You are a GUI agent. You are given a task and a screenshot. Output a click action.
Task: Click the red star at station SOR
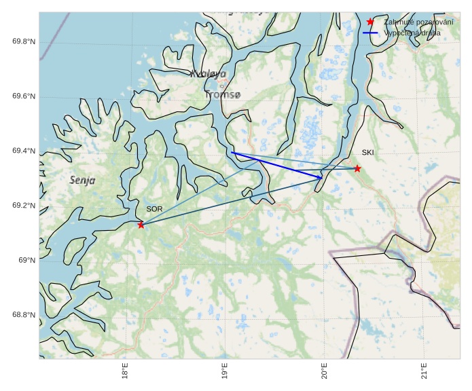point(141,225)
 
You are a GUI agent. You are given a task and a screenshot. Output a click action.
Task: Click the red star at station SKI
point(357,168)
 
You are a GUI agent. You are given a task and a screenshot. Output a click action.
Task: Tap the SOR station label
point(154,209)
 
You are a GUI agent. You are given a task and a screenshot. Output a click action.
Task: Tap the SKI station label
point(367,153)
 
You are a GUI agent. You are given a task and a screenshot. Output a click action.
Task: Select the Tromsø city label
point(222,95)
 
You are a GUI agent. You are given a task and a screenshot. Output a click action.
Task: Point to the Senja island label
point(82,181)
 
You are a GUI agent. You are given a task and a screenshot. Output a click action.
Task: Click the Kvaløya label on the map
point(208,74)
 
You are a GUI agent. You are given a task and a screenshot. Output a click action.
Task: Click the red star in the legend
point(370,22)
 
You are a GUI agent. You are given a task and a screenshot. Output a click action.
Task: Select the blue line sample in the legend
point(370,33)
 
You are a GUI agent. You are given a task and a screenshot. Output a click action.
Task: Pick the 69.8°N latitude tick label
point(24,42)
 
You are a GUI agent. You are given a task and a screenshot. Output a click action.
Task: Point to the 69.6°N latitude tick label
point(24,96)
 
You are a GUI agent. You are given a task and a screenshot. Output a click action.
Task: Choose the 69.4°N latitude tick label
point(24,151)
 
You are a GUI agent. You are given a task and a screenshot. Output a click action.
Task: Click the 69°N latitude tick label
point(26,261)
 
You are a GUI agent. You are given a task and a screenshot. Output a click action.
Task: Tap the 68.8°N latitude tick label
point(24,315)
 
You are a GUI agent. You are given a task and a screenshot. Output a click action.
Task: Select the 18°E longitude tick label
point(125,373)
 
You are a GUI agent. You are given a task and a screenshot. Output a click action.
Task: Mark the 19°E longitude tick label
point(225,373)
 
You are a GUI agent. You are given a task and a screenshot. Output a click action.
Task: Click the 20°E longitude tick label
point(324,373)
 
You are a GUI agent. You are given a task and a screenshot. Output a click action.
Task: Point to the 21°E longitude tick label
point(423,373)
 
